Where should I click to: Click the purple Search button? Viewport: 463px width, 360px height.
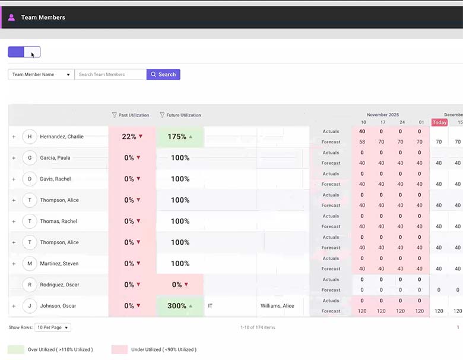click(x=163, y=75)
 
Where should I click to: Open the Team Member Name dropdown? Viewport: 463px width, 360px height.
click(x=41, y=75)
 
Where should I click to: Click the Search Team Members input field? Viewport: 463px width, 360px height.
click(x=110, y=75)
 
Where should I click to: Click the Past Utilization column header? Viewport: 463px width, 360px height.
click(x=133, y=115)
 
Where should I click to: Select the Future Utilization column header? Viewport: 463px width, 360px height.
click(x=183, y=115)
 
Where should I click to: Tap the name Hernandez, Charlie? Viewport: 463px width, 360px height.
click(x=62, y=137)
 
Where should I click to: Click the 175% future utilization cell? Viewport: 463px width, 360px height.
click(x=180, y=137)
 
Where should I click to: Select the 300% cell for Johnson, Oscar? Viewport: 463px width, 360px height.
click(x=180, y=306)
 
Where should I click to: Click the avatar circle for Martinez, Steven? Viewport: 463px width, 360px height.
click(x=30, y=264)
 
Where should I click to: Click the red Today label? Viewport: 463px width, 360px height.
click(x=439, y=122)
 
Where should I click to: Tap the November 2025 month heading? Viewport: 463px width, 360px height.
click(x=383, y=115)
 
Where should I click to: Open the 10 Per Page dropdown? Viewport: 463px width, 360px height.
click(x=53, y=327)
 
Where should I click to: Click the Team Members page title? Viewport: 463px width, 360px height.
click(x=43, y=17)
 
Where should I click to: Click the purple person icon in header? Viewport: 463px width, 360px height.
click(x=11, y=17)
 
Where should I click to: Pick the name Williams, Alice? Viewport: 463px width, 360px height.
click(x=277, y=306)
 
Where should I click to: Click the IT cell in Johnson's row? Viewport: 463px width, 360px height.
click(x=211, y=306)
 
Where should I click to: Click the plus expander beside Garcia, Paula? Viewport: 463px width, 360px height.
click(x=14, y=158)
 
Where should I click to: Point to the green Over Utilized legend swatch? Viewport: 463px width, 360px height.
click(x=15, y=349)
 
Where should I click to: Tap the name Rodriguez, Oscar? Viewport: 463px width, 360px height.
click(x=59, y=285)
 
